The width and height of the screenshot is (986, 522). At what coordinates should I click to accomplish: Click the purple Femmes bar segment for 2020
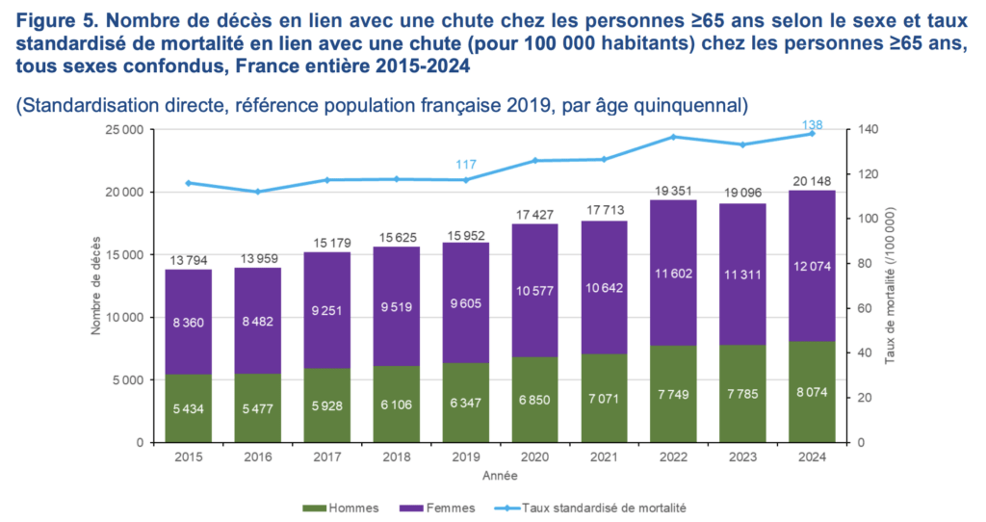tap(534, 291)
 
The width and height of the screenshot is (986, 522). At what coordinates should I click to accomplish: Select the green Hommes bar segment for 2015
tap(188, 407)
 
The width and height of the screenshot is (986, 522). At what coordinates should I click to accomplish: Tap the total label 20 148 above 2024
tap(812, 179)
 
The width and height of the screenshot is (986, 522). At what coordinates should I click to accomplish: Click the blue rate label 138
tap(812, 124)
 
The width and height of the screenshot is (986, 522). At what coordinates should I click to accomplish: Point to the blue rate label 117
tap(465, 165)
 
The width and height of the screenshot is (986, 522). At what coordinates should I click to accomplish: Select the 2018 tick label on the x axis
tap(396, 457)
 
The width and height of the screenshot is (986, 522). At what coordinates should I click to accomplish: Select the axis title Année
tap(500, 475)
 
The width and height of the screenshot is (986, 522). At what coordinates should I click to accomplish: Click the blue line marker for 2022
tap(673, 137)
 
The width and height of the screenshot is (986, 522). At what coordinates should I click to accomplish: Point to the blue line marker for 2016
tap(257, 192)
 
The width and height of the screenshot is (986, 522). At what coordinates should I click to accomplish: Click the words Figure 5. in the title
tap(50, 18)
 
